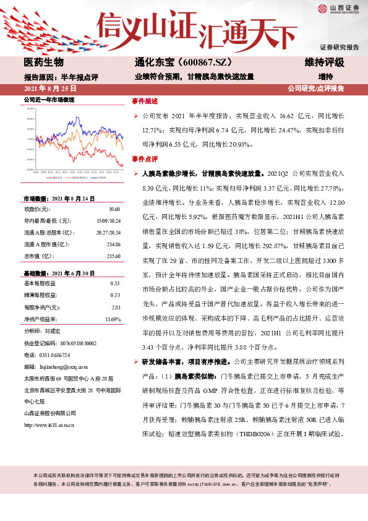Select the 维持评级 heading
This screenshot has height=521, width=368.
pos(324,62)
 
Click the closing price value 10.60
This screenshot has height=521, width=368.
pos(114,210)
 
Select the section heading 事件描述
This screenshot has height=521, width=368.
pos(145,100)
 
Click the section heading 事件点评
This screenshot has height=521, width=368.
pos(145,159)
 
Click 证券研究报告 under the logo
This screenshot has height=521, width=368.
pos(339,47)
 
